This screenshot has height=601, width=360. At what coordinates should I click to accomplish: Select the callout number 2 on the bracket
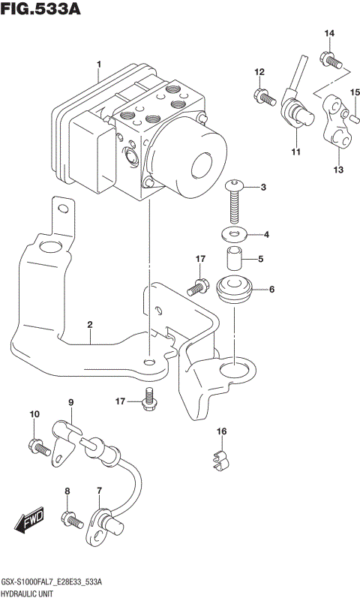click(x=89, y=325)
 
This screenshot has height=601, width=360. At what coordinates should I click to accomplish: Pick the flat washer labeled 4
click(x=235, y=235)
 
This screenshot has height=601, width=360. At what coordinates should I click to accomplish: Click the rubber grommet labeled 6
click(x=233, y=290)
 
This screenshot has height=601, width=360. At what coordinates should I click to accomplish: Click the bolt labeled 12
click(x=262, y=95)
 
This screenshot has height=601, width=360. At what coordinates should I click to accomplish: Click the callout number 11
click(x=295, y=152)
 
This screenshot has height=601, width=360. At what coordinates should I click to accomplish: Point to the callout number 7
click(x=98, y=491)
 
